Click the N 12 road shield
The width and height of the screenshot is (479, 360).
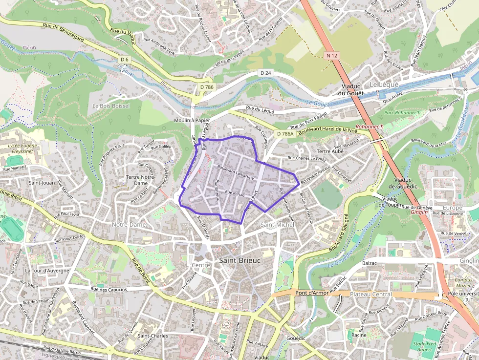(331, 56)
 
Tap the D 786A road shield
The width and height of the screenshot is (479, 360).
(285, 133)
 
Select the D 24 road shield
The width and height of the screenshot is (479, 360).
(265, 73)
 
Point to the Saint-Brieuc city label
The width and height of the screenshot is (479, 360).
(240, 260)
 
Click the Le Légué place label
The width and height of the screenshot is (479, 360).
(384, 85)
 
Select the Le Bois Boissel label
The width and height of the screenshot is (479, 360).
(111, 106)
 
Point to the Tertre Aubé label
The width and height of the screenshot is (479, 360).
(331, 151)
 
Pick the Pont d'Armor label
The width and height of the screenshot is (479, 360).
(312, 293)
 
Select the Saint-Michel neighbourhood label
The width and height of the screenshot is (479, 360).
(277, 224)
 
